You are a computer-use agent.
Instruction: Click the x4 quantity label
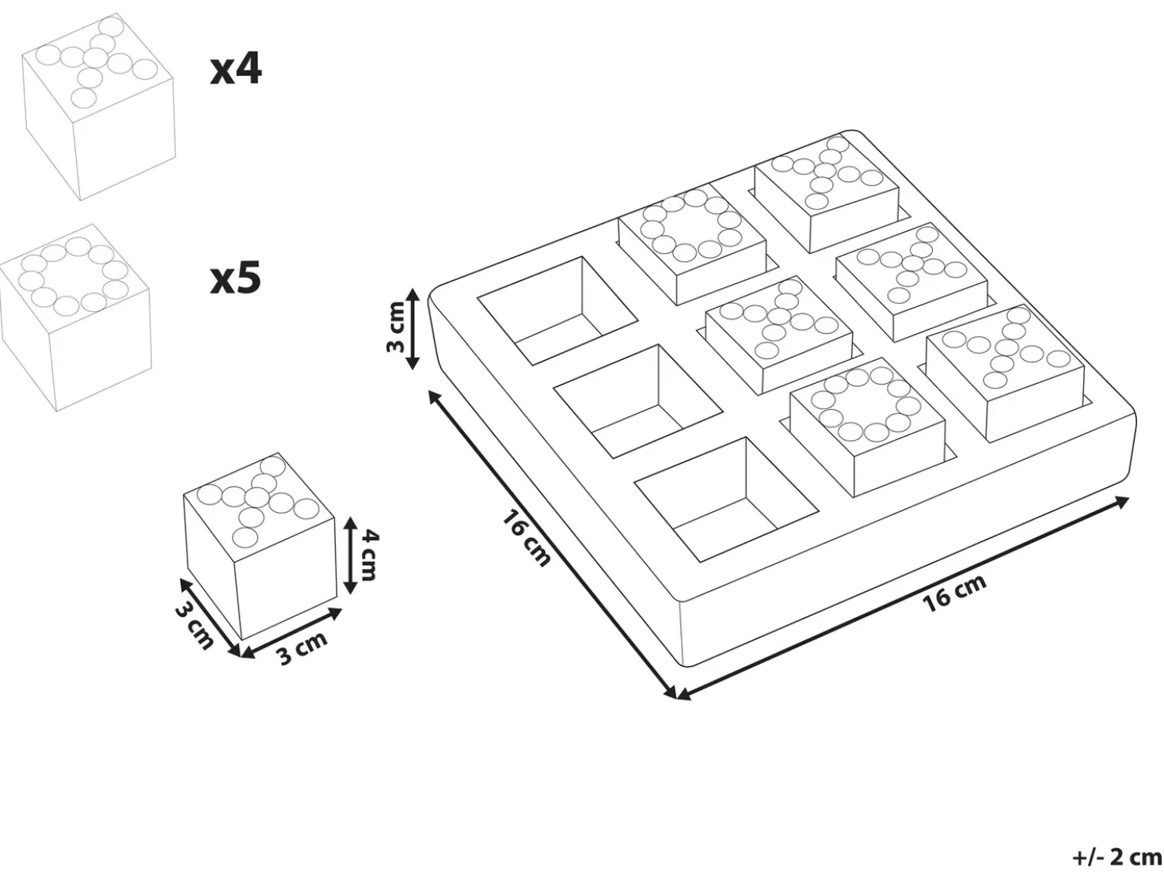click(x=235, y=71)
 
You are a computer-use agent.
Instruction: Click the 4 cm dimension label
click(x=368, y=555)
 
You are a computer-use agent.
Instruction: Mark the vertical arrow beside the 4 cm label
click(x=350, y=555)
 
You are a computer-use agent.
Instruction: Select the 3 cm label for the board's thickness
click(x=396, y=327)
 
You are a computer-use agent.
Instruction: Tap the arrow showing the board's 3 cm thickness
click(x=413, y=329)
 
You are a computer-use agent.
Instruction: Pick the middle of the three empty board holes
click(x=638, y=401)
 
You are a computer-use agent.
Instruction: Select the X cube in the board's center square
click(x=779, y=334)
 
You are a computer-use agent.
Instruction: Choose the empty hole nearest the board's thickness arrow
click(x=558, y=311)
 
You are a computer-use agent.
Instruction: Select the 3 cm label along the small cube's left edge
click(x=194, y=626)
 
